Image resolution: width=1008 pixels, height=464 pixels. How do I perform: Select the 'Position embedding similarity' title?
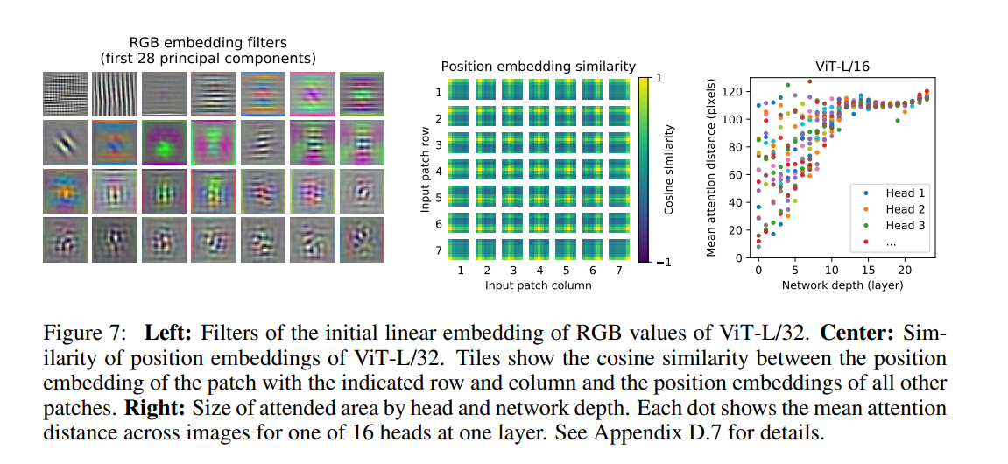(x=538, y=66)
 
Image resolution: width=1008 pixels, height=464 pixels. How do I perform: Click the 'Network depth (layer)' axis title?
(x=842, y=285)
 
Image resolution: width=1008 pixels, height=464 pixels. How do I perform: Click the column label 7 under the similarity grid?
(x=618, y=271)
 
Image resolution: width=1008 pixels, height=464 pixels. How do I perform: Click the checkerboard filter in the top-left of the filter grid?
(x=65, y=94)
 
